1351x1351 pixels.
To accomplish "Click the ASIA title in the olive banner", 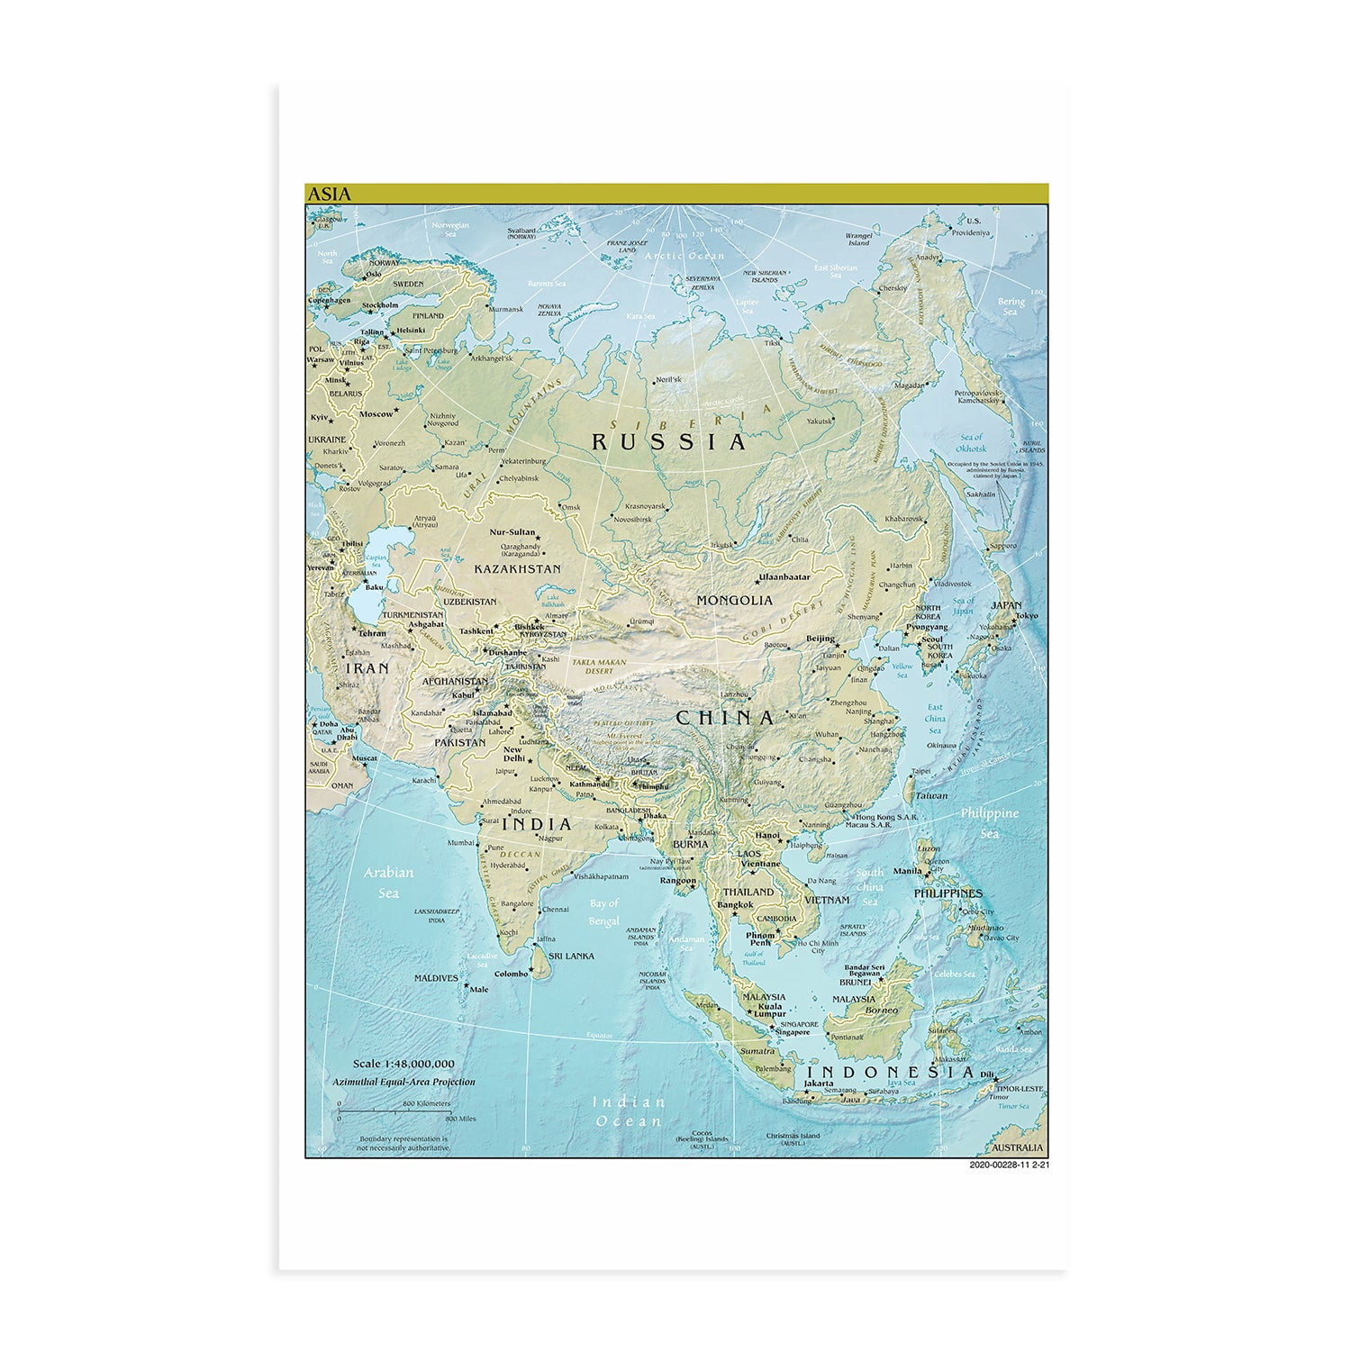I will click(330, 194).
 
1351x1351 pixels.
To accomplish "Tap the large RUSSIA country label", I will click(669, 442).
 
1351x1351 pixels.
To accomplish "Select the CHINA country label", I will click(725, 718).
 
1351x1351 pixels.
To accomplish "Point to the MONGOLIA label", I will click(735, 600).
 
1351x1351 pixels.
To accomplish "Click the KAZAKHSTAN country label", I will click(517, 569).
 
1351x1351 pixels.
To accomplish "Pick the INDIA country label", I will click(537, 824).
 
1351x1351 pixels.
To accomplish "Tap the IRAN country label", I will click(367, 668).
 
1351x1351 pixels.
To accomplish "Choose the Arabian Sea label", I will click(388, 883).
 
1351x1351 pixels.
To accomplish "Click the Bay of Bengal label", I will click(604, 911).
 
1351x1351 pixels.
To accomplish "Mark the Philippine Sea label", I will click(989, 822).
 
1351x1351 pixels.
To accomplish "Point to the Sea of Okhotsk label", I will click(972, 442).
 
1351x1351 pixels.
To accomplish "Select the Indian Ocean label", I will click(630, 1111).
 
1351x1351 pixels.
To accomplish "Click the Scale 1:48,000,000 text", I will click(403, 1064).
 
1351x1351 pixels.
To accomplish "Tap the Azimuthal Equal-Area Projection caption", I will click(403, 1082).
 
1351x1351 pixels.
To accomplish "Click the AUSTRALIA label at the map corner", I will click(1017, 1147).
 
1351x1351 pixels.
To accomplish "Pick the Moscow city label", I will click(376, 414).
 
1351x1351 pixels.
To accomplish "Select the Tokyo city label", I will click(1026, 616).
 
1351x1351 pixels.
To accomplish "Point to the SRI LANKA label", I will click(572, 956).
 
